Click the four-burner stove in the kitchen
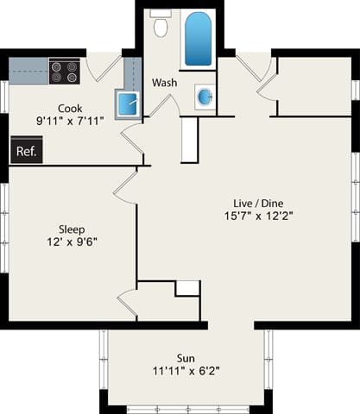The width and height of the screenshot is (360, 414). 64,71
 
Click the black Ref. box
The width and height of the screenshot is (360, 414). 26,150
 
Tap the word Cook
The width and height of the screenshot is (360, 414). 70,108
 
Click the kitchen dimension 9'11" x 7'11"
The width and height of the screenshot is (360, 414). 70,122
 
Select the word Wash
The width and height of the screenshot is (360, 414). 164,83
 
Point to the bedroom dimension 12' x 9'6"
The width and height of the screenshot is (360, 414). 72,242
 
